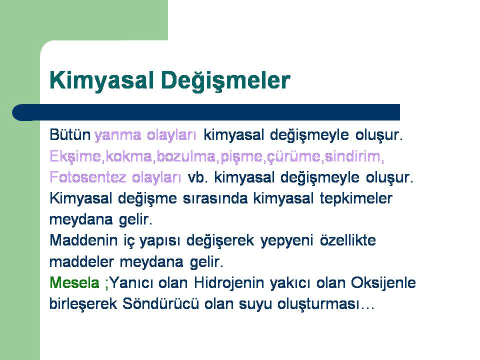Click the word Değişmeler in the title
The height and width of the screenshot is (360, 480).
coord(225,81)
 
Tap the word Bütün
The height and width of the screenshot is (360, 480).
coord(70,134)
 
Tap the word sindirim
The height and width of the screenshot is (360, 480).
coord(352,156)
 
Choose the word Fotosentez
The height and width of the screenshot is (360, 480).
coord(88,177)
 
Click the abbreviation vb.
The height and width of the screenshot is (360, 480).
coord(198,177)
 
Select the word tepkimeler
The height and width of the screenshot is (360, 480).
coord(356,199)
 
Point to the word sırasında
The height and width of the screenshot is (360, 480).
coord(215,198)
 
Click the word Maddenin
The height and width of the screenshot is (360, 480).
coord(83,240)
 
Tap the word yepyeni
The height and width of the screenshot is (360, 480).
coord(287,241)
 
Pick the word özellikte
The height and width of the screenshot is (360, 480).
coord(348,240)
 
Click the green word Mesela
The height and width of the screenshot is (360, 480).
coord(74,282)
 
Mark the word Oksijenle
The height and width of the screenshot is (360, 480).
coord(383,283)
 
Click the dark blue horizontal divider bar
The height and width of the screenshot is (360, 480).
coord(206,112)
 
